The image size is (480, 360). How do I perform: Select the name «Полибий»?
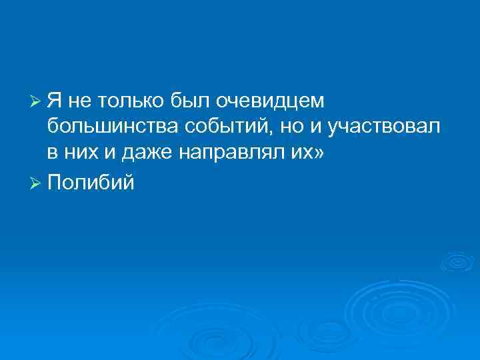tap(91, 181)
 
